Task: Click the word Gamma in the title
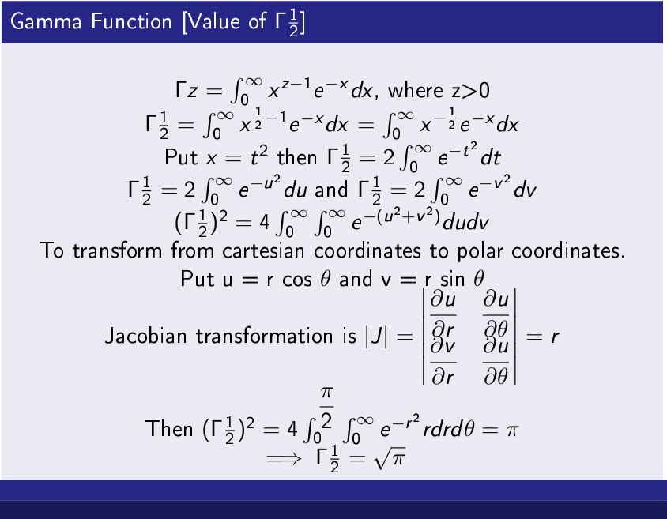point(46,21)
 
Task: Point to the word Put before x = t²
point(181,157)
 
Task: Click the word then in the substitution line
point(297,157)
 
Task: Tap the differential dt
point(491,158)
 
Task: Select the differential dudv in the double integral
point(465,222)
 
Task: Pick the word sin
point(454,280)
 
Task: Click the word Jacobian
point(145,336)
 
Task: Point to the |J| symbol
point(376,337)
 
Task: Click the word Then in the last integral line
point(169,428)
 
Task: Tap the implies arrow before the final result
point(284,458)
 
